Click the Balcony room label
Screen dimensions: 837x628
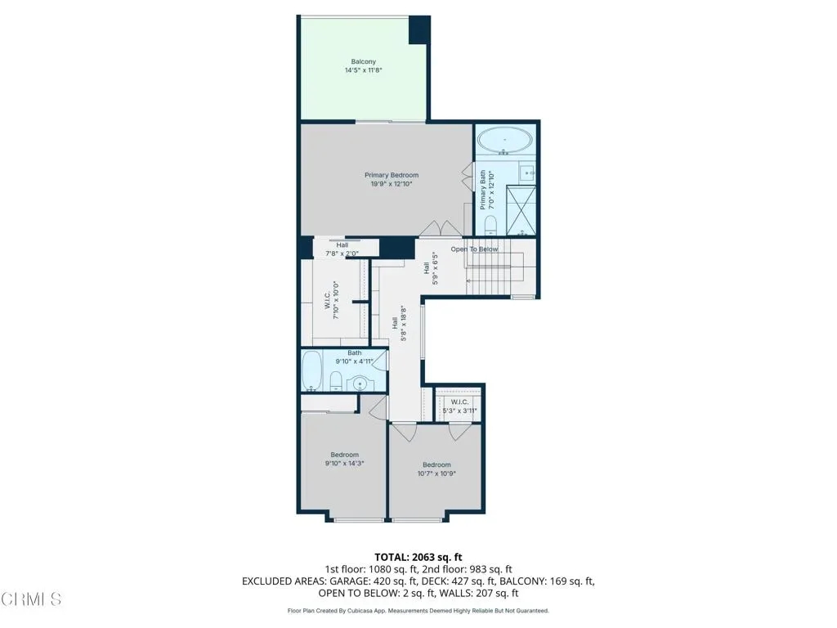364,65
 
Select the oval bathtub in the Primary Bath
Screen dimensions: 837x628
504,141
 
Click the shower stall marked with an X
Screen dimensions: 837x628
521,209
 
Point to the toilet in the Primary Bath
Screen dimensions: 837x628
490,226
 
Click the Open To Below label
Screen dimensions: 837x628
474,249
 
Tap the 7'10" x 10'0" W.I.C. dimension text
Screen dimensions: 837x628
336,300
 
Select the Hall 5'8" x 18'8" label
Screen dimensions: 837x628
399,323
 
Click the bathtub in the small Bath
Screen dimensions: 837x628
311,370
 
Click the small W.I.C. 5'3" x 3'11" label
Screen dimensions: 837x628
459,406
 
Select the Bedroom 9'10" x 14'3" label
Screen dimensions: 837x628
344,460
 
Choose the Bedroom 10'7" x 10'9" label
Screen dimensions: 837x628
436,469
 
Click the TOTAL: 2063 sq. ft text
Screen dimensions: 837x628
418,558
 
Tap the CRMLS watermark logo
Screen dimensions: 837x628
31,599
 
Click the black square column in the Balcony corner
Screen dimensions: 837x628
419,30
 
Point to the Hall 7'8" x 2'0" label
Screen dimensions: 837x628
342,249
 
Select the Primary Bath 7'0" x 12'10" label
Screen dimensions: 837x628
487,190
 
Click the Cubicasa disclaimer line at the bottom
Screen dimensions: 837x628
418,610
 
